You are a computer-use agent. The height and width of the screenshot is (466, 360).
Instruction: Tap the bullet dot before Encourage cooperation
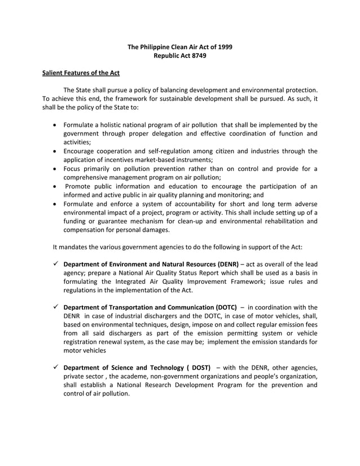point(54,151)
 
